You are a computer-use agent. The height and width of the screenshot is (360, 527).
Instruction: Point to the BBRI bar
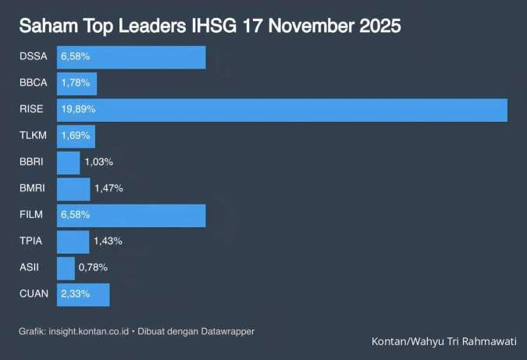[x=68, y=162]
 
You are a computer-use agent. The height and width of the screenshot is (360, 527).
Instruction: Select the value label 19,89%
[x=78, y=109]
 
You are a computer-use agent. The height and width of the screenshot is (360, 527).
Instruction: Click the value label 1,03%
[x=98, y=162]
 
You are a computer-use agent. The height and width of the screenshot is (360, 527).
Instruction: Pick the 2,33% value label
[x=77, y=294]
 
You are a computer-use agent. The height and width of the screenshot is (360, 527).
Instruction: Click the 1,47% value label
[x=109, y=188]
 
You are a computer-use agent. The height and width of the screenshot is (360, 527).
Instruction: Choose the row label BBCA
[x=34, y=83]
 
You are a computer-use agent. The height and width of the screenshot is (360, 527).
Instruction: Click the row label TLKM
[x=34, y=136]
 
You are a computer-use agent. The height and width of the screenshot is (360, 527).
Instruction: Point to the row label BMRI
[x=33, y=188]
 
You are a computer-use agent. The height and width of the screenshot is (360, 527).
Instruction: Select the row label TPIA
[x=31, y=241]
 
